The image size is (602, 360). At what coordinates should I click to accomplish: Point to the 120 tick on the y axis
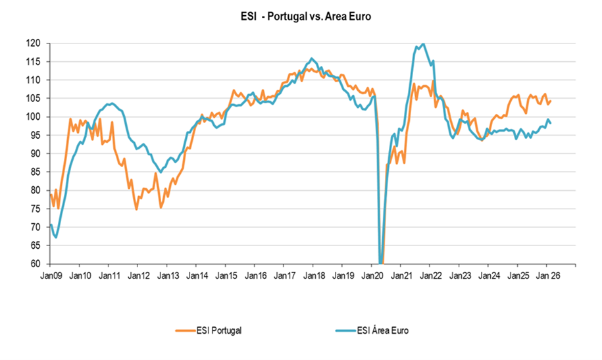(x=34, y=43)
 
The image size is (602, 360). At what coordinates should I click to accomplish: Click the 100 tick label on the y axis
(x=34, y=117)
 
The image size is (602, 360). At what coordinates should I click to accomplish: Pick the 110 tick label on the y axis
(x=34, y=80)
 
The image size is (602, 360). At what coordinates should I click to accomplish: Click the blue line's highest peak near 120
(x=422, y=44)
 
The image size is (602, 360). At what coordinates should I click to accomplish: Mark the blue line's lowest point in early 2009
(x=56, y=238)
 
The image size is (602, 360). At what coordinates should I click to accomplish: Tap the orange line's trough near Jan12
(x=136, y=209)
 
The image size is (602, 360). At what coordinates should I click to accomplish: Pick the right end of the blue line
(x=551, y=123)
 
